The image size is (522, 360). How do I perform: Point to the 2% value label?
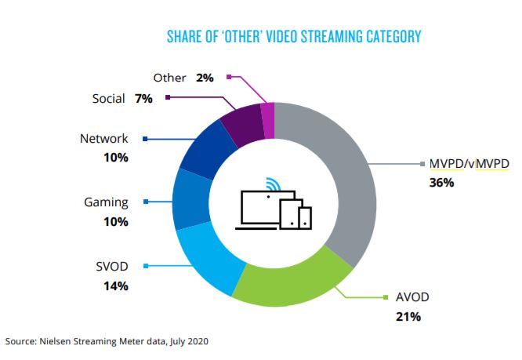click(x=205, y=78)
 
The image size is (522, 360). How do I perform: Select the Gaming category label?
click(x=106, y=202)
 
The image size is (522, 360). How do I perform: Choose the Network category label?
click(x=103, y=139)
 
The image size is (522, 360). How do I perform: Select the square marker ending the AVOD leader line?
click(x=386, y=297)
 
